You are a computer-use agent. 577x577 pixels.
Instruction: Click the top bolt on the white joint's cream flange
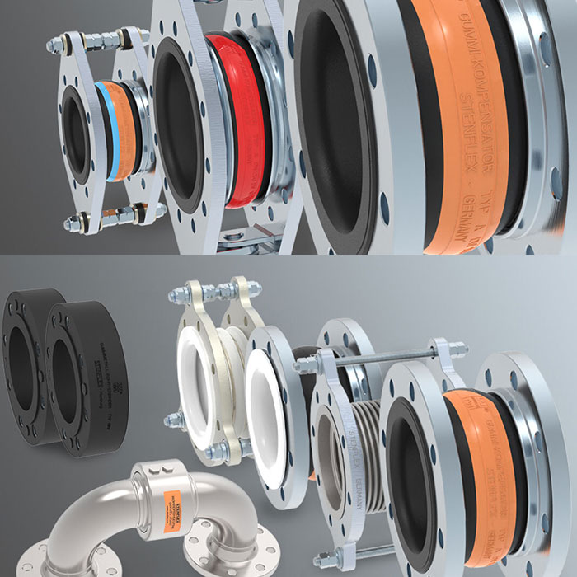194,293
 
